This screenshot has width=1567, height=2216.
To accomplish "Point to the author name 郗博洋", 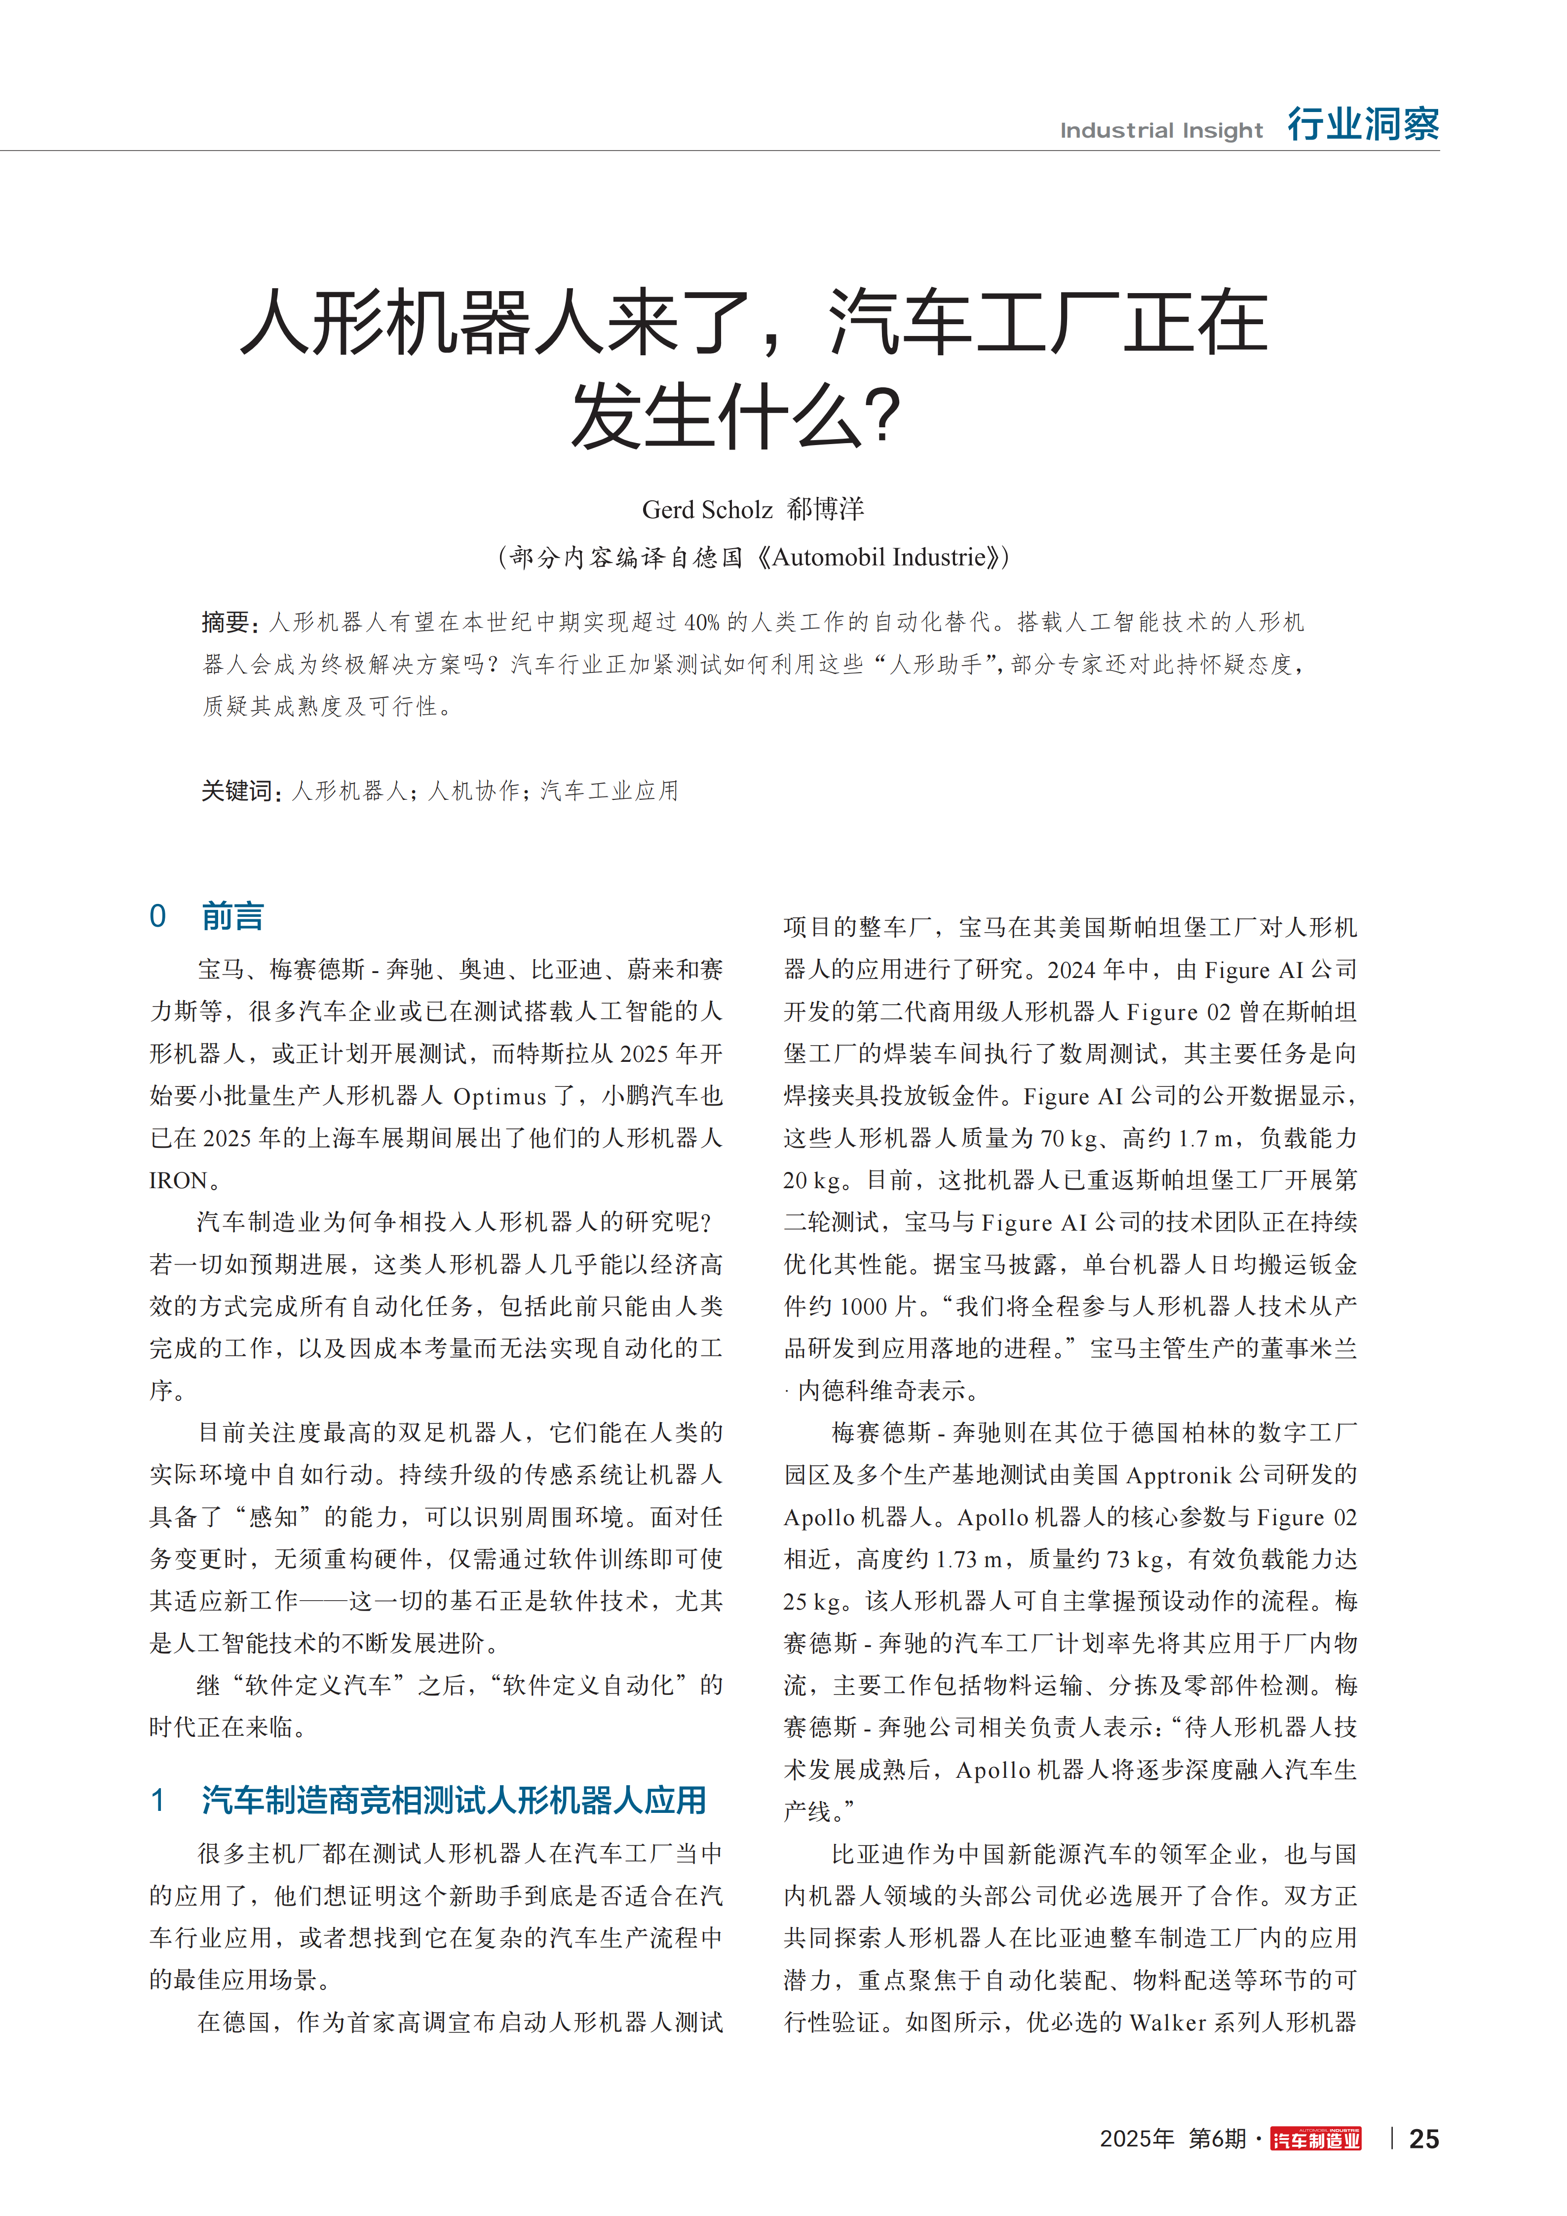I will click(x=826, y=509).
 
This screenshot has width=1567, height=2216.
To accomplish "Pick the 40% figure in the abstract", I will click(x=702, y=623).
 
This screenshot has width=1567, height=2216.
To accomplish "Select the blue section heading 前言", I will click(x=232, y=916).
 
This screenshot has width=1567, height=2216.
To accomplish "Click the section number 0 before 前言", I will click(x=157, y=916).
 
